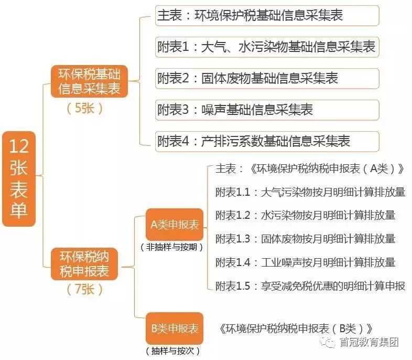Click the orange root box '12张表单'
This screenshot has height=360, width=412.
19,179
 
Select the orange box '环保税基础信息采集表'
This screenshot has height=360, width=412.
89,81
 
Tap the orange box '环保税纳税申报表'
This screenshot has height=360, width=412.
84,264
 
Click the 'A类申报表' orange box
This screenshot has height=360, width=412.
175,225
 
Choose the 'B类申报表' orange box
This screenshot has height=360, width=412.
175,328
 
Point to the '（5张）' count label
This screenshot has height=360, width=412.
84,108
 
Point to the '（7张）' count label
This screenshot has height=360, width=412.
84,290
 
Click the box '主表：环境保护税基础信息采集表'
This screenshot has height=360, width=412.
267,16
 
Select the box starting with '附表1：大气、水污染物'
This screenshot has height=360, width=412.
267,47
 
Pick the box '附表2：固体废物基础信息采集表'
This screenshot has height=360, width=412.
267,78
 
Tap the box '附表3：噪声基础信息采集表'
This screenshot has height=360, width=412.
267,110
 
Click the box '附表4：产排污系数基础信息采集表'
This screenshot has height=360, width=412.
267,141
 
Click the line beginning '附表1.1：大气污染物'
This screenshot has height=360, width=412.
310,192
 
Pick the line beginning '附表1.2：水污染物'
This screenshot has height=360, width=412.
306,215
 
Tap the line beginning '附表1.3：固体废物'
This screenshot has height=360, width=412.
306,239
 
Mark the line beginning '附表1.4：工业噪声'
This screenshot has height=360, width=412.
306,262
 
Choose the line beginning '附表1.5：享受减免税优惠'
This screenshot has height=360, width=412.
310,286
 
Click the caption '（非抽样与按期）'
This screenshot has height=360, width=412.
171,247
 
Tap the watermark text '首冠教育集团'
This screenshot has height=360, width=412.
369,342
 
